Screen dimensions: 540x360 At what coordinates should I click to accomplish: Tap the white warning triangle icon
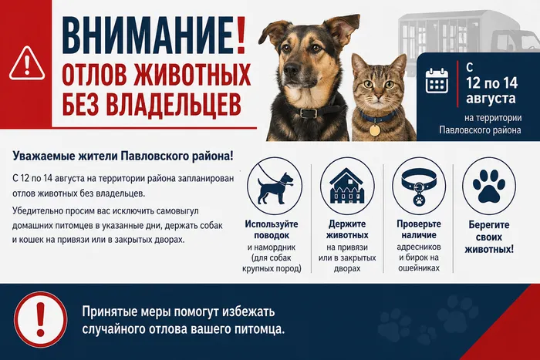(x=27, y=64)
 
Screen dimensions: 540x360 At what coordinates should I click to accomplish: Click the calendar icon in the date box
(x=437, y=80)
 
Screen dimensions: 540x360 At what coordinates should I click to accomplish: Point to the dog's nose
(x=292, y=70)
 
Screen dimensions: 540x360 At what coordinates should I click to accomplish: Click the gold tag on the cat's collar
(x=374, y=130)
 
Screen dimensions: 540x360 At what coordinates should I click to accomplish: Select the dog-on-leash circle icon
(x=275, y=186)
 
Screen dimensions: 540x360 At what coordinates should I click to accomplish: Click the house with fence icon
(x=347, y=186)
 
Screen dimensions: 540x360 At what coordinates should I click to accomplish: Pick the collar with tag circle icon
(x=419, y=186)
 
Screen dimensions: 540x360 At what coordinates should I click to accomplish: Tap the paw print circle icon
(x=489, y=186)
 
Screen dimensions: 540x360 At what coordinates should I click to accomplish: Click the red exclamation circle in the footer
(x=41, y=319)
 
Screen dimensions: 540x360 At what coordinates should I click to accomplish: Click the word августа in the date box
(x=491, y=99)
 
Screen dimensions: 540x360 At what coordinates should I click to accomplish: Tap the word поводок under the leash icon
(x=272, y=235)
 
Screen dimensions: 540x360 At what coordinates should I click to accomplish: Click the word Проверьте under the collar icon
(x=419, y=224)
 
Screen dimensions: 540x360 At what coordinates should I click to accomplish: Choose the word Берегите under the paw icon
(x=489, y=225)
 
